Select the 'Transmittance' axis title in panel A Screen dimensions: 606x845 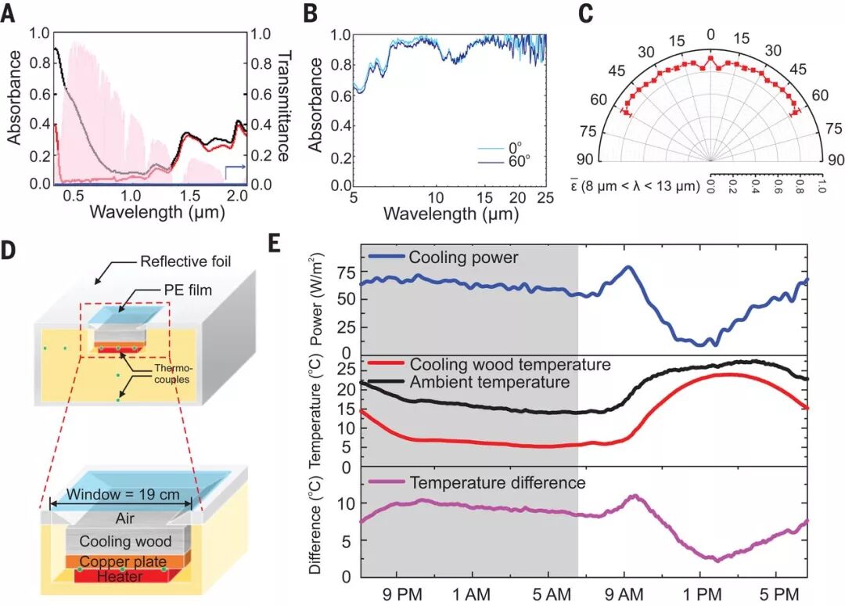click(285, 106)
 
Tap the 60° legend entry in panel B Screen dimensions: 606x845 click(516, 159)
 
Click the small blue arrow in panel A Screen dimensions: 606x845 click(234, 168)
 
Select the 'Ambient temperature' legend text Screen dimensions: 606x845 click(489, 382)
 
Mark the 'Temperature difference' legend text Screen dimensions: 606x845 click(498, 483)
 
